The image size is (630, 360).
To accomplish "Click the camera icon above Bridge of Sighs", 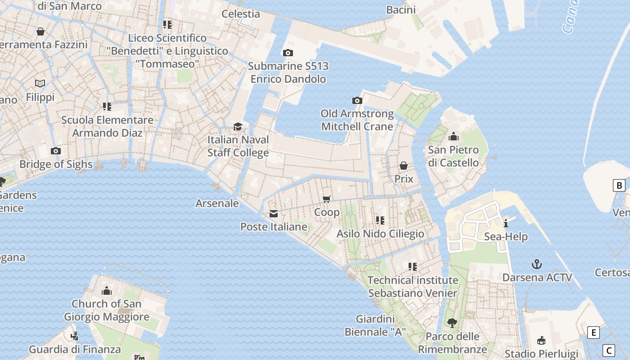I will tap(56, 151).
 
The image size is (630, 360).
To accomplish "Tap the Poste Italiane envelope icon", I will tap(274, 214).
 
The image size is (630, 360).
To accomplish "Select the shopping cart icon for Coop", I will tap(327, 199).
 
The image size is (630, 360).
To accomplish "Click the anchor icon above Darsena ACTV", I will tap(536, 264).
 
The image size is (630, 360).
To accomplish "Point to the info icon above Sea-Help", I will tap(506, 223).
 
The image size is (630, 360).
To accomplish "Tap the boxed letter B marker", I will tap(619, 185).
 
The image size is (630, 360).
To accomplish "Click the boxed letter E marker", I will tap(594, 333).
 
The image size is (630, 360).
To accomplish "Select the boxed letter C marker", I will tap(609, 350).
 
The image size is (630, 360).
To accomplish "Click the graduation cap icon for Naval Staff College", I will tap(238, 126).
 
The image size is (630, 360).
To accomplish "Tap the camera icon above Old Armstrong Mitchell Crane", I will tap(357, 100).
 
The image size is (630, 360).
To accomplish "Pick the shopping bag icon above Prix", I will tap(404, 166).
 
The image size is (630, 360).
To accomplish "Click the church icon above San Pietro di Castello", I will tap(453, 136).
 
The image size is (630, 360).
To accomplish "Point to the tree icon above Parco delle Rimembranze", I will tap(452, 323).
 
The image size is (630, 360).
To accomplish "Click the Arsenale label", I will tap(217, 203).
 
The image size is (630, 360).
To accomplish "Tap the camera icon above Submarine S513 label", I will tap(288, 53).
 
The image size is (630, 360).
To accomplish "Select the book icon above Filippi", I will tap(40, 83).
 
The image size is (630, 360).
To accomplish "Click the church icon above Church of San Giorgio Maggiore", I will tap(107, 290).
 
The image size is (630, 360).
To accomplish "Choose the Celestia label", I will tap(241, 13).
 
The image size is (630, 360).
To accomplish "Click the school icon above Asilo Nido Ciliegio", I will tap(380, 220).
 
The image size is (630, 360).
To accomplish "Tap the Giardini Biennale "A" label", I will tap(375, 325).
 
